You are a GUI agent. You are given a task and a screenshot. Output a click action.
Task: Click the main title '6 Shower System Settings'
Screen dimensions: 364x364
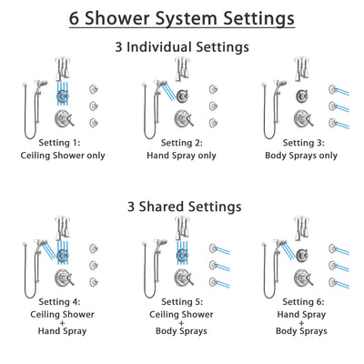pos(182,17)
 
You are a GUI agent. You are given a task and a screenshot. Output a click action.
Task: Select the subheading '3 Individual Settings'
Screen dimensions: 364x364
pos(182,47)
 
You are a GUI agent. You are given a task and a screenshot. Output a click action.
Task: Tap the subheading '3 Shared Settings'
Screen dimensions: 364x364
pos(182,207)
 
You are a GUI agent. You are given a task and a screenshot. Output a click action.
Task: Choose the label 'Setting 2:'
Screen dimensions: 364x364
pos(182,143)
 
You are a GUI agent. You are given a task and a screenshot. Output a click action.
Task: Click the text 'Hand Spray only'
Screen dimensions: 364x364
pos(182,156)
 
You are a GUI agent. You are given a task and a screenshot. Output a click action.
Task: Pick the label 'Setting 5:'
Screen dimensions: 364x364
pos(182,302)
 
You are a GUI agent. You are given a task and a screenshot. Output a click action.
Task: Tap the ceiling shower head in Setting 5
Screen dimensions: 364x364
pos(182,228)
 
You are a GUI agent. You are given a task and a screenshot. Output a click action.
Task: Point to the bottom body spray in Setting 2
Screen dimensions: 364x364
pos(212,122)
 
